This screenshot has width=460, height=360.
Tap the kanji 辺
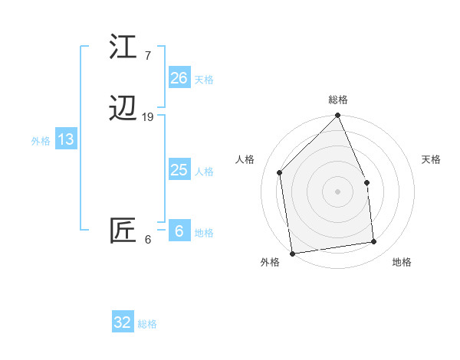point(123,109)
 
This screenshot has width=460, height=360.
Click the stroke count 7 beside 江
point(147,55)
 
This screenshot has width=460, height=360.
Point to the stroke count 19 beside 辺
point(148,116)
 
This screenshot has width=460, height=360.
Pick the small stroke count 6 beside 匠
point(147,239)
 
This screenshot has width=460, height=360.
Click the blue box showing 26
point(179,77)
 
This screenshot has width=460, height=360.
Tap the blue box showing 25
point(179,170)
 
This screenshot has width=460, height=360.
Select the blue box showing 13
point(65,139)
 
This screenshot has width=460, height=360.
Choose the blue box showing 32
point(123,322)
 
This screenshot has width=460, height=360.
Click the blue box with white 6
point(179,231)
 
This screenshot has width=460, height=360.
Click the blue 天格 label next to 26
point(204,79)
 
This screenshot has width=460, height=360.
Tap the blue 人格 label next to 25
point(204,172)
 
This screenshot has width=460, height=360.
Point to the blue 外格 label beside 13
point(41,141)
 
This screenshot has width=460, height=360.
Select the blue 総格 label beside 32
point(147,324)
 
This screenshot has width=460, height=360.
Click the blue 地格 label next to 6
point(204,233)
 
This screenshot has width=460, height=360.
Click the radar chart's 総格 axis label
point(338,100)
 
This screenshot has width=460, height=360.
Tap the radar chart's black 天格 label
point(431,159)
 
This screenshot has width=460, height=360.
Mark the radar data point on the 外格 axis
point(292,254)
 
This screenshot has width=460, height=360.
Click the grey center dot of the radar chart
point(337,191)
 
